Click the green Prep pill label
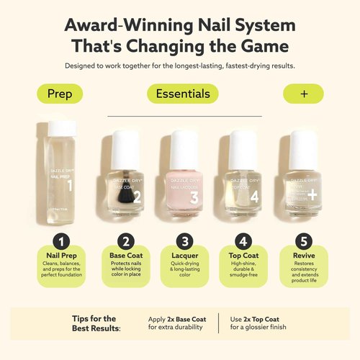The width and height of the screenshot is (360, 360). [x=59, y=94]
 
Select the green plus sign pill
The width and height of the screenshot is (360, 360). [x=302, y=94]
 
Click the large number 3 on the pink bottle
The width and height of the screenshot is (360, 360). [x=192, y=195]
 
